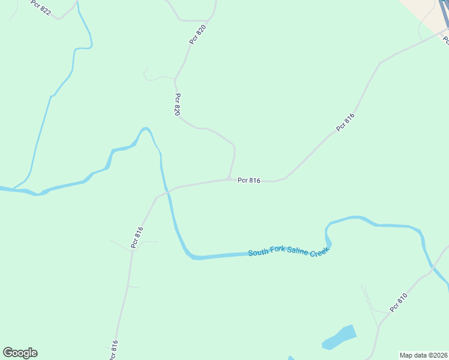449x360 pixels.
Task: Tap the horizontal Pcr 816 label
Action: click(249, 180)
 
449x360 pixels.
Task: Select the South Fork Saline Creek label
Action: click(290, 251)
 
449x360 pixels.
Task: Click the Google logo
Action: click(20, 353)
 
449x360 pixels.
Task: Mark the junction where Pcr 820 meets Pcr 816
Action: click(228, 178)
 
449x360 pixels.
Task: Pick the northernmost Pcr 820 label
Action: click(197, 34)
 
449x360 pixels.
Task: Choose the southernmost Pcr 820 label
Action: click(178, 104)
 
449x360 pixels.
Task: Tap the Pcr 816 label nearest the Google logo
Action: click(114, 350)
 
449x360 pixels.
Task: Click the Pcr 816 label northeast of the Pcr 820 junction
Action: click(345, 122)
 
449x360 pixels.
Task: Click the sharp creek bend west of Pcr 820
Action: click(144, 129)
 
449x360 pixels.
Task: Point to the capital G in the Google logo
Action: click(8, 353)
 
